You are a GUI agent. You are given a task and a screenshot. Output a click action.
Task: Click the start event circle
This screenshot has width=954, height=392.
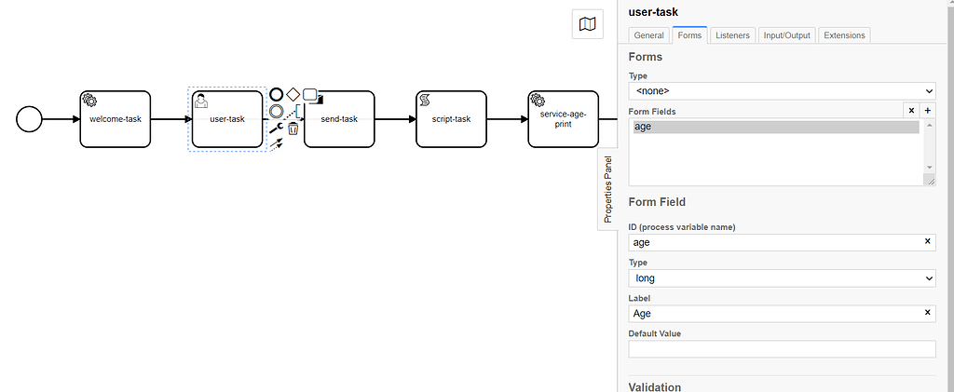(30, 119)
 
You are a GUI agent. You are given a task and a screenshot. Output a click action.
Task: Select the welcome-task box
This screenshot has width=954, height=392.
(116, 119)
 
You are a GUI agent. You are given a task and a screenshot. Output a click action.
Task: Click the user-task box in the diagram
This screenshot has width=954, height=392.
(226, 119)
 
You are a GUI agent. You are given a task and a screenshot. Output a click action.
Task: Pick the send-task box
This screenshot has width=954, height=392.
(339, 119)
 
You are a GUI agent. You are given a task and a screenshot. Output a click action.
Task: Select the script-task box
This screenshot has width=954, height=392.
(451, 119)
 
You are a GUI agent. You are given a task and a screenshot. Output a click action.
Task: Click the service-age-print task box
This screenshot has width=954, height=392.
(563, 119)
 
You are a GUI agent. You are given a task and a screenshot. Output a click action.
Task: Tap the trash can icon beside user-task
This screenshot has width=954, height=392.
(293, 129)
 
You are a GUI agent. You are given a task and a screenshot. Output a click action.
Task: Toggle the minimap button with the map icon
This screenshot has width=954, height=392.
(588, 25)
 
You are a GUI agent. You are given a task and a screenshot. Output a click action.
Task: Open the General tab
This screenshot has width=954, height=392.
(648, 35)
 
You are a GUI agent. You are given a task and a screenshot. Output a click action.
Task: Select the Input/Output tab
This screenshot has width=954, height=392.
(788, 35)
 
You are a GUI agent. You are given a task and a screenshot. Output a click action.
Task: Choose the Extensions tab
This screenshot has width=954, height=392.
(844, 35)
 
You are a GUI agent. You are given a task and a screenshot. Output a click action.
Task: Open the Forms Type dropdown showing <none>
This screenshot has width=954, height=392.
(782, 91)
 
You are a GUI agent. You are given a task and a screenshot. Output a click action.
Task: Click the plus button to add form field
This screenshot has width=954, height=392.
(927, 111)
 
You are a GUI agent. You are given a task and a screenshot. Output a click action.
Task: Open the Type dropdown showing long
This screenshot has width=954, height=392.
(782, 278)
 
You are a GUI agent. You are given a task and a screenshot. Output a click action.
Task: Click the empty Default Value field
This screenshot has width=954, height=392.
(782, 349)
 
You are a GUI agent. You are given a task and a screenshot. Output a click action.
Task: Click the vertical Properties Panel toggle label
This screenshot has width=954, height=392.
(607, 189)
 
